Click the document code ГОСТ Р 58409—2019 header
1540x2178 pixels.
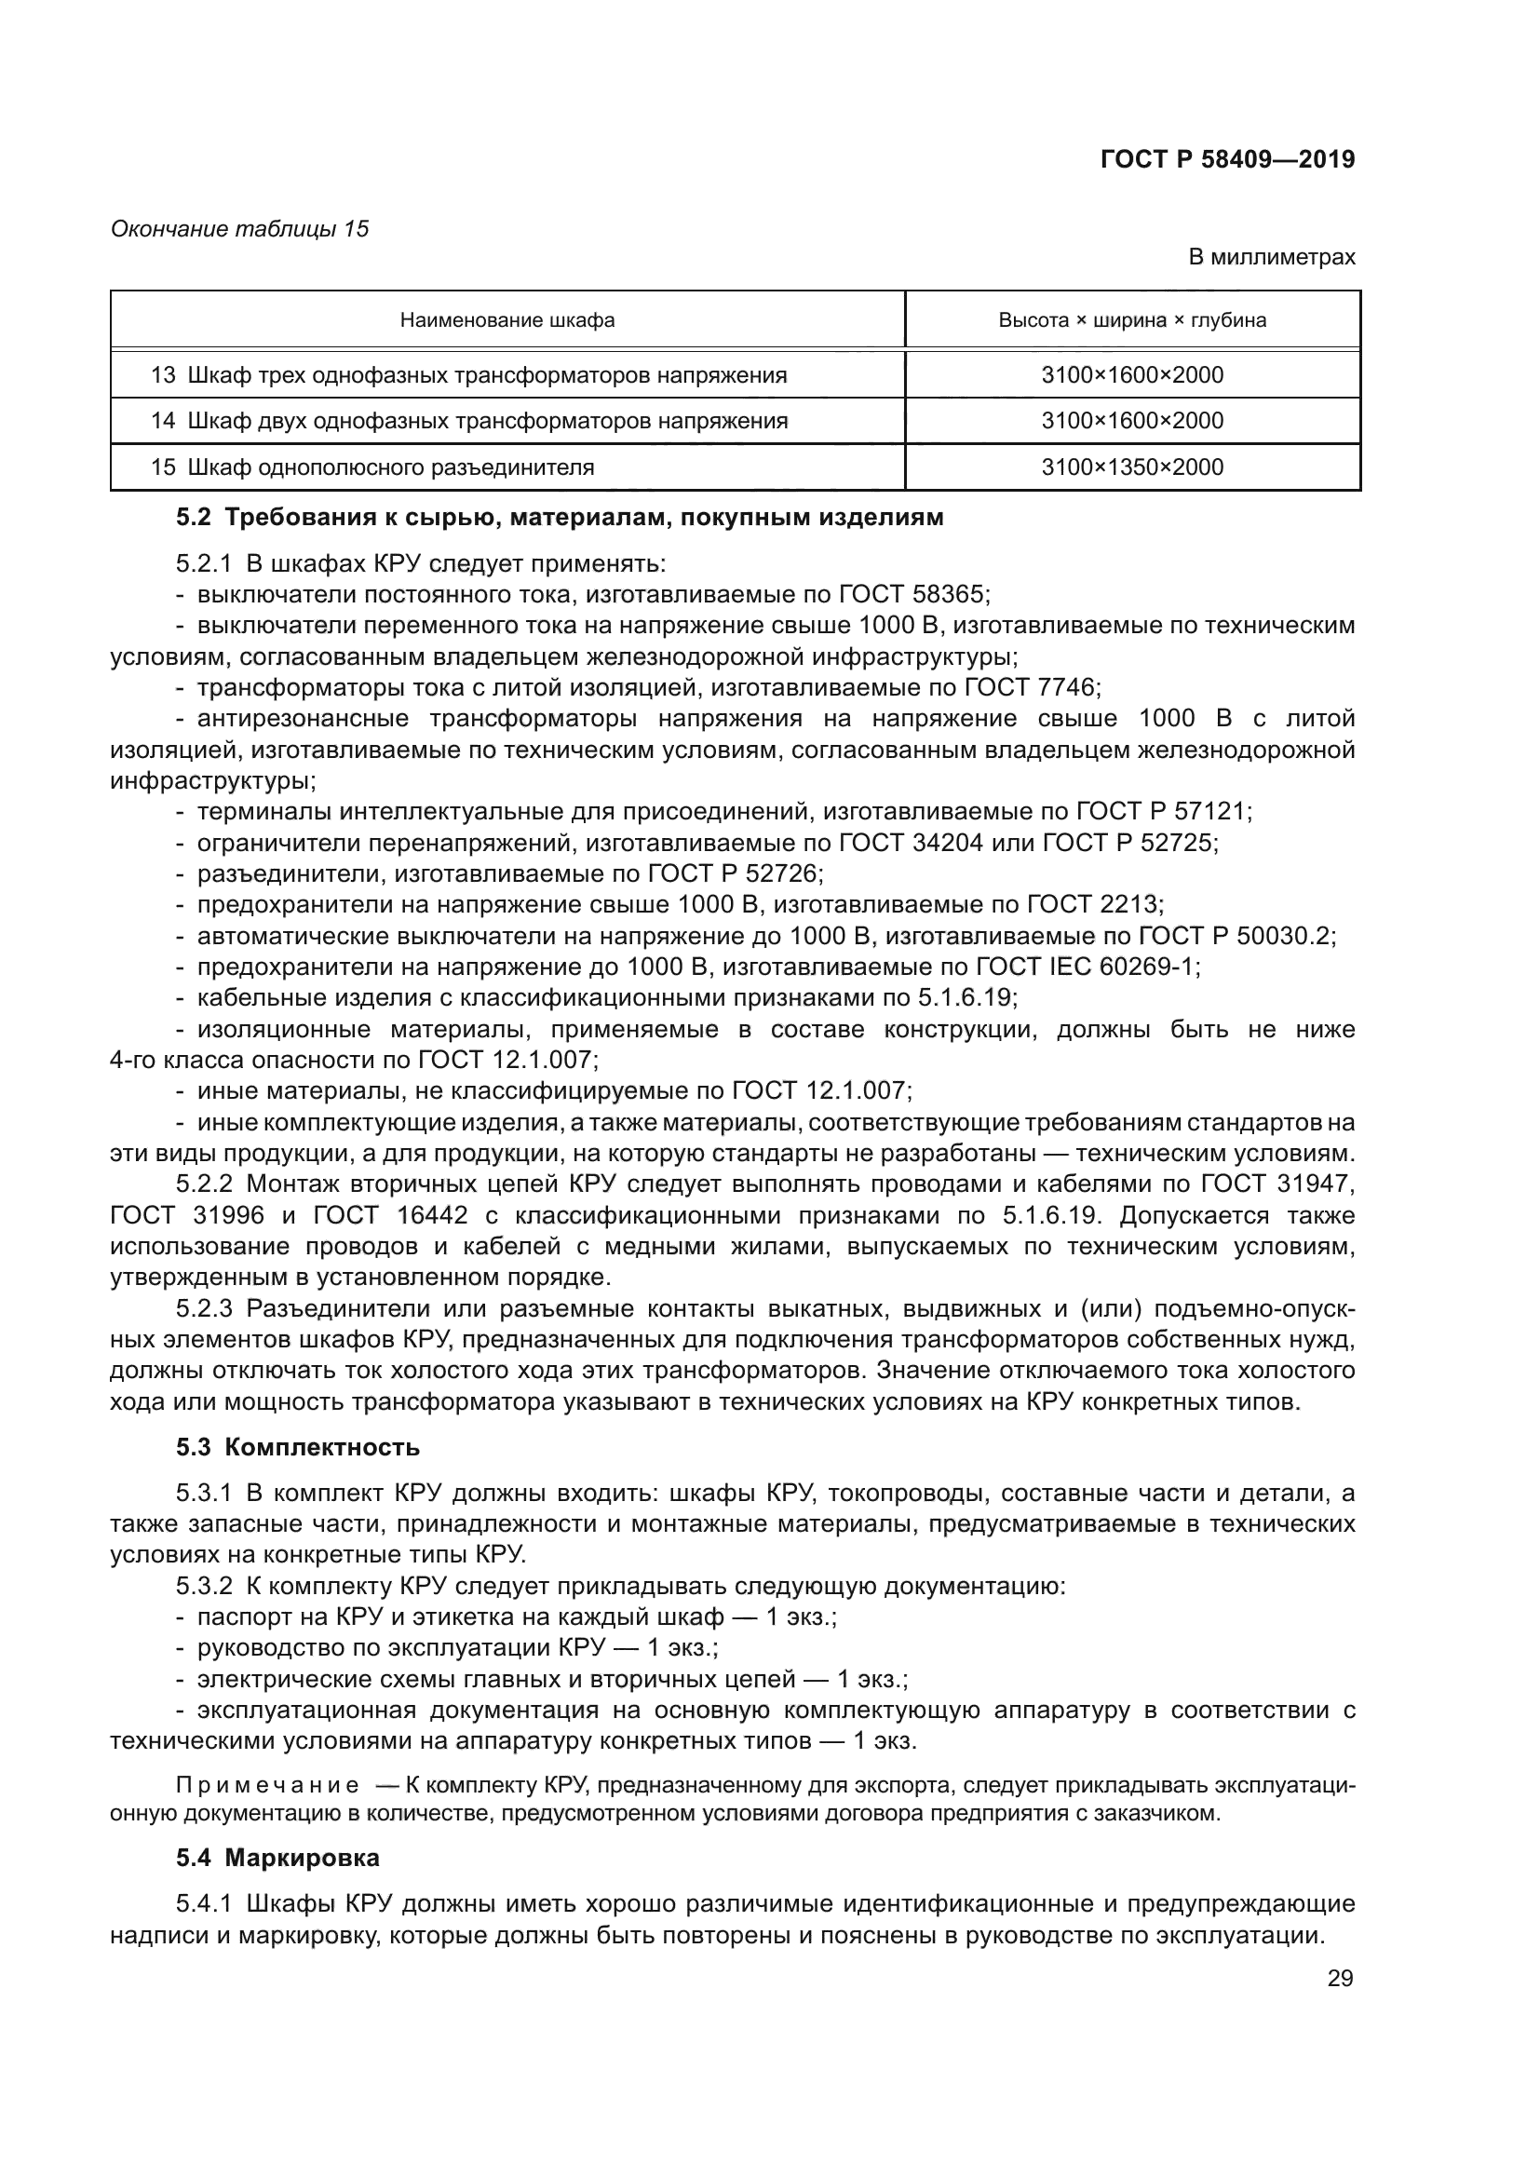pos(1227,159)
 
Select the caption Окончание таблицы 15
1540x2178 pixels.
pos(240,229)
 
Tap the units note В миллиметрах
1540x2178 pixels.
pos(1272,257)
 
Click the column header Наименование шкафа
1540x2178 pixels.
pos(507,320)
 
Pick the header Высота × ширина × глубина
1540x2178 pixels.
pos(1132,320)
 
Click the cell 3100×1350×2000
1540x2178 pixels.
pos(1132,467)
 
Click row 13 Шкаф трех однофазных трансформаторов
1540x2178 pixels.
pos(468,375)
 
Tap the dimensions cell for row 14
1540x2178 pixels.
pos(1132,421)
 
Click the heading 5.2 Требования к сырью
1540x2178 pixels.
pos(560,518)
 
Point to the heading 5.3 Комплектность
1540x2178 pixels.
pos(298,1448)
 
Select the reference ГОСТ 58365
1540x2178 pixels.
pos(913,595)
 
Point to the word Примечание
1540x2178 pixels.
pos(268,1786)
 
